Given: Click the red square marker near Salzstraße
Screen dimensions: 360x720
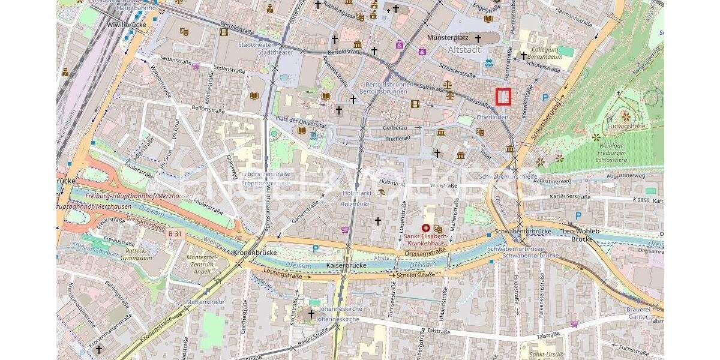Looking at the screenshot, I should (503, 97).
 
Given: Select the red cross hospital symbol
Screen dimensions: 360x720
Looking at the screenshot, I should (426, 228).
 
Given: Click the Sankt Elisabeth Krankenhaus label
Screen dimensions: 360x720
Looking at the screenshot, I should (426, 240).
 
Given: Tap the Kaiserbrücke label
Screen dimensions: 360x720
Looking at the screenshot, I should (346, 265).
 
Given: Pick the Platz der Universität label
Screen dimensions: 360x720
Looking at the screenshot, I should (301, 122).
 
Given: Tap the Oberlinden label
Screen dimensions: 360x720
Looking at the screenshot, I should (492, 117).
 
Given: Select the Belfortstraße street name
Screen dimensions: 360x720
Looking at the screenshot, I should (208, 110).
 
